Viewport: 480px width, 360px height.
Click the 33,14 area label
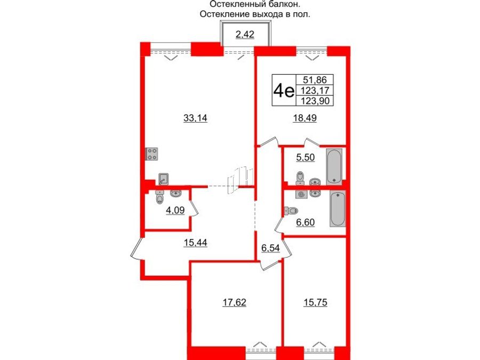click(x=195, y=119)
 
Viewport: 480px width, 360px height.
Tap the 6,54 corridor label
click(x=270, y=248)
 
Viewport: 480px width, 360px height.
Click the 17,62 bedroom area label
click(x=234, y=301)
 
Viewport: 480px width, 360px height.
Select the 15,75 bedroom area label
click(x=314, y=301)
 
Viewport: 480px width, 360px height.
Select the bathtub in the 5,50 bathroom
click(x=334, y=166)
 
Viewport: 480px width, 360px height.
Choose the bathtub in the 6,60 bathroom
click(x=337, y=209)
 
